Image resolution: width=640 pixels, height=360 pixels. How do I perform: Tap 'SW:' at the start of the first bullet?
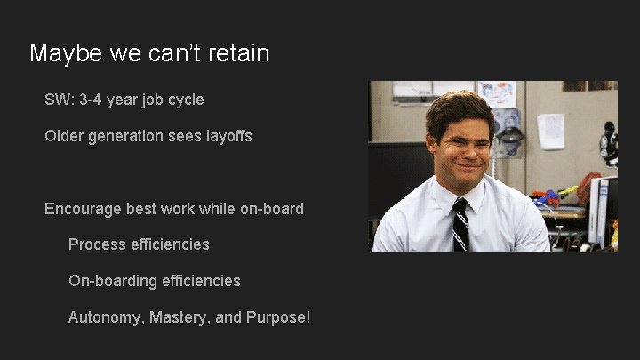tap(60, 100)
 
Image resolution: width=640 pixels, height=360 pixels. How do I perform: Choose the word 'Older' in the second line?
tap(65, 136)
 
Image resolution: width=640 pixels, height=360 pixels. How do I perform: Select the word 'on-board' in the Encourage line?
tap(272, 209)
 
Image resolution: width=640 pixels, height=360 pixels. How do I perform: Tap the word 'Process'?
tap(97, 244)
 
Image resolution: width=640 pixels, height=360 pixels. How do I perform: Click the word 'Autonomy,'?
tap(106, 317)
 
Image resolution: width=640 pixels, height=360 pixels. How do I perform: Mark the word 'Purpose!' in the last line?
tap(277, 317)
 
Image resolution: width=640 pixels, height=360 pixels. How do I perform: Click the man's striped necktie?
tap(460, 227)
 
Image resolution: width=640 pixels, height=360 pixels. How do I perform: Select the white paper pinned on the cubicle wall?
tap(550, 131)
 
